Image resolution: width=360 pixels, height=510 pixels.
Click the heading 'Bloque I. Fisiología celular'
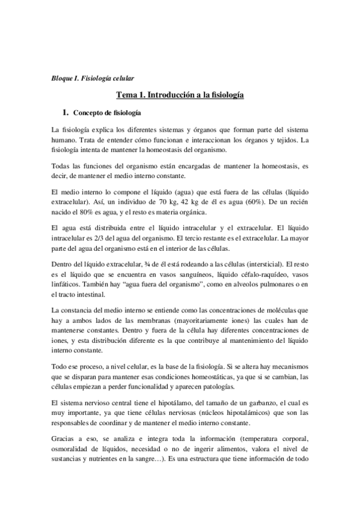[x=92, y=78]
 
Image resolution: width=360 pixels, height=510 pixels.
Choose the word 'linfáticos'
[x=67, y=284]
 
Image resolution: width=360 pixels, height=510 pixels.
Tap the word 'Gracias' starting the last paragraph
[x=65, y=438]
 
